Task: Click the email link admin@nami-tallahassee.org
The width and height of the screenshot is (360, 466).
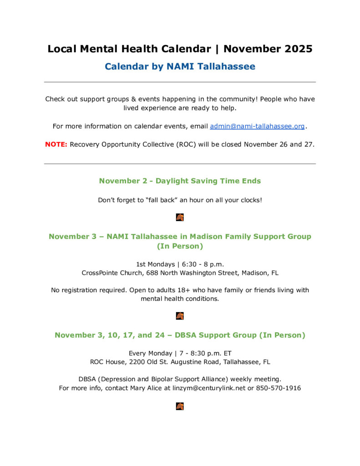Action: click(x=257, y=126)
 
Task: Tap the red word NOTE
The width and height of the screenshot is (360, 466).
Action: click(x=56, y=144)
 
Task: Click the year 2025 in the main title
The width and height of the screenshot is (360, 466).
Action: click(x=299, y=49)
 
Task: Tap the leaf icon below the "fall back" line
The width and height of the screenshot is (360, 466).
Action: click(x=180, y=218)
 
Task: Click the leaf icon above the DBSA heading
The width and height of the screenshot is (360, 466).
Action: click(x=180, y=316)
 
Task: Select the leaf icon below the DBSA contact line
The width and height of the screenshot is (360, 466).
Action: click(x=180, y=406)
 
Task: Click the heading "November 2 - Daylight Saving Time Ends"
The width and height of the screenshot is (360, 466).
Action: click(x=180, y=181)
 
